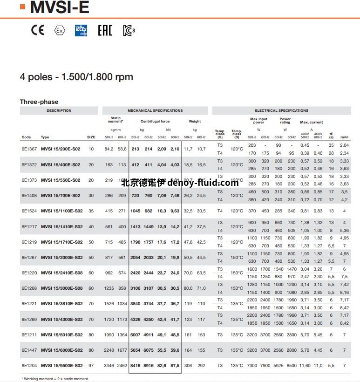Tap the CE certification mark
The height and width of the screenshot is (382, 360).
point(38,30)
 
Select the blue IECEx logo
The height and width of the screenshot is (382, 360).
point(81,30)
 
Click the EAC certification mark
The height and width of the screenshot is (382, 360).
point(105,31)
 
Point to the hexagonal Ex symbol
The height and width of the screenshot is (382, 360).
point(59,31)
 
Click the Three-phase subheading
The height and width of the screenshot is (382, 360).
point(39,102)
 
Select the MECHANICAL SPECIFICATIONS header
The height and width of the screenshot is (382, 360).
point(155,111)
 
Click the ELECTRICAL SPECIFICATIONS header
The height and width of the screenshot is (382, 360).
point(281,111)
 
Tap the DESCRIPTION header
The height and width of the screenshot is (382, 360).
point(59,111)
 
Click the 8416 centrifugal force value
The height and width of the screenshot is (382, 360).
point(136,366)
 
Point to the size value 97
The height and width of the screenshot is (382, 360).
point(91,366)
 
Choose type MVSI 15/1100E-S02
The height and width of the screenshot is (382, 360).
point(61,211)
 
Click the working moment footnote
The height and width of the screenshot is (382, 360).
point(55,379)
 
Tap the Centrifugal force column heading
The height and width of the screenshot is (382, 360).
point(155,121)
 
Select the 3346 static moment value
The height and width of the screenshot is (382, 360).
point(109,366)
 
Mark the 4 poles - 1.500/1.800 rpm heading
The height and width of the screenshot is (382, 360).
point(76,77)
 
